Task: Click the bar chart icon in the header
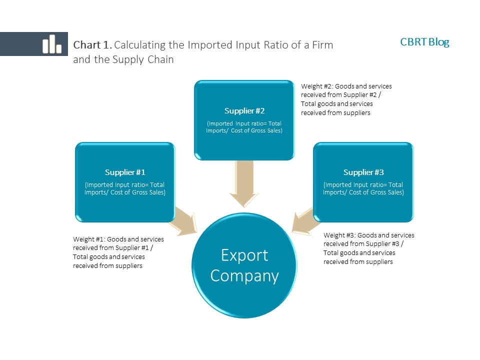51,44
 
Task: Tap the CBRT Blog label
424,42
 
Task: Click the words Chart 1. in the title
93,45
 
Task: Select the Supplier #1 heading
125,172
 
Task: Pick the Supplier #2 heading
244,110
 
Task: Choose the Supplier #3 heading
363,172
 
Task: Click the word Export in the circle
244,255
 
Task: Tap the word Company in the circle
244,275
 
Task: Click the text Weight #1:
89,239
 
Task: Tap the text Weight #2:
317,86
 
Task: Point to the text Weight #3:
340,235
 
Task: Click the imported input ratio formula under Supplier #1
125,188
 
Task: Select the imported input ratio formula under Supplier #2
244,127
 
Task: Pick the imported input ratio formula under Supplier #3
363,188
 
